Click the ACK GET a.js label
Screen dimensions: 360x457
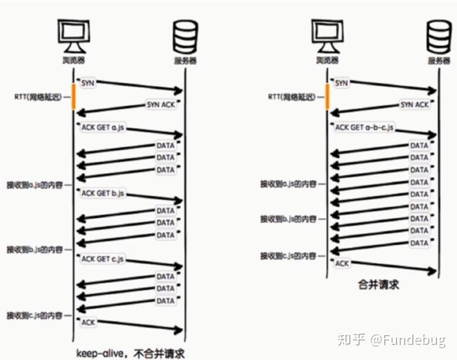[x=103, y=127]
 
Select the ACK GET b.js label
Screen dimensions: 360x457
[x=103, y=194]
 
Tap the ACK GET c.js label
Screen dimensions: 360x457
[x=103, y=258]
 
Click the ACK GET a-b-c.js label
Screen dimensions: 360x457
[x=364, y=128]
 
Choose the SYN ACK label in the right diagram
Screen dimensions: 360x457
[x=415, y=105]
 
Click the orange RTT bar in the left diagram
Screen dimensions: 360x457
[x=74, y=97]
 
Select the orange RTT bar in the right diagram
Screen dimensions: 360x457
[x=329, y=97]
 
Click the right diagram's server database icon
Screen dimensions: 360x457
[x=440, y=37]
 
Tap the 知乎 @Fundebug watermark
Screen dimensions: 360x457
[x=392, y=339]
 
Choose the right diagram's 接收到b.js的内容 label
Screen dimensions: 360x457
[x=289, y=219]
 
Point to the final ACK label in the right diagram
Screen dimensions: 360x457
[x=342, y=263]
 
